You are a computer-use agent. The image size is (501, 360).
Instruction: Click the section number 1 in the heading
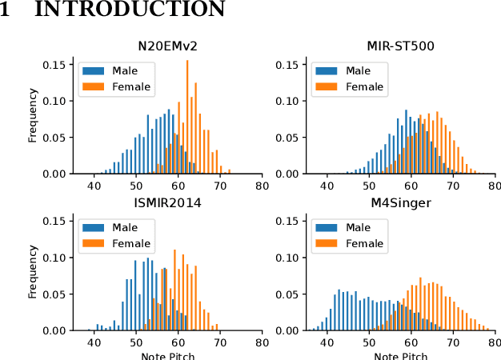tap(7, 10)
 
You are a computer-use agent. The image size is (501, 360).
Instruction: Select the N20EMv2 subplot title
tap(167, 46)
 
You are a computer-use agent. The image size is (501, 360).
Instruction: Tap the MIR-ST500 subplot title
tap(402, 46)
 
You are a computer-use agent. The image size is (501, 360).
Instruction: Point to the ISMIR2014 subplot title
tap(167, 202)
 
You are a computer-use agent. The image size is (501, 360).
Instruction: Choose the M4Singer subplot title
tap(402, 202)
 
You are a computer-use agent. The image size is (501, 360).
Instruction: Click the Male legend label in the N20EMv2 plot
tap(125, 70)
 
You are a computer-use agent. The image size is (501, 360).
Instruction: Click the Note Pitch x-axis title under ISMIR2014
tap(167, 356)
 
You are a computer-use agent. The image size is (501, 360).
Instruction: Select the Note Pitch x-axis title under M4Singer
tap(402, 356)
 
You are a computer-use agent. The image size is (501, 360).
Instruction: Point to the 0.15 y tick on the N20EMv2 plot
tap(54, 64)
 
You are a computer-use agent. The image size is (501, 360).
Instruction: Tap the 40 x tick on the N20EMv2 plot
tap(94, 186)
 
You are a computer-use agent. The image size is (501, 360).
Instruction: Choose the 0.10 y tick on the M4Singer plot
tap(288, 258)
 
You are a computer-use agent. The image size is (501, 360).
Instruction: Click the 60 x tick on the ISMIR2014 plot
tap(178, 342)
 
